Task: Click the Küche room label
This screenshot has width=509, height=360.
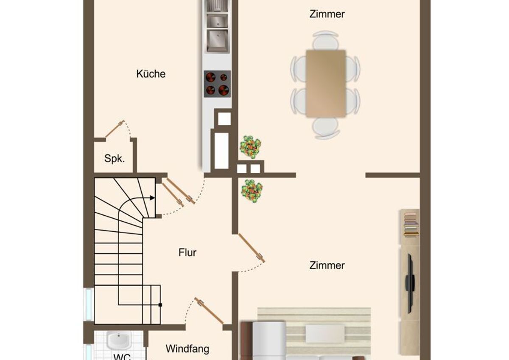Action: coord(151,74)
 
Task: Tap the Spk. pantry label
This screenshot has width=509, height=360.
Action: coord(115,158)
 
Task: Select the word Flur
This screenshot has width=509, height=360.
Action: coord(187,253)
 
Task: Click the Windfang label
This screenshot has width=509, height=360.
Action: coord(187,349)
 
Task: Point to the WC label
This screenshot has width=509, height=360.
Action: coord(123,357)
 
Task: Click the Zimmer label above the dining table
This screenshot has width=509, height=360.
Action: coord(327,14)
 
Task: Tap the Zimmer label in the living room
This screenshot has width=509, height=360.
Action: coord(327,265)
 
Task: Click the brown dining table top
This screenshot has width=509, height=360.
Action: coord(326,84)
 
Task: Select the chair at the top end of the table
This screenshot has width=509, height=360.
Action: coord(325,40)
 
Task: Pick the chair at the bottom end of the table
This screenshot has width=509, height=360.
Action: coord(326,128)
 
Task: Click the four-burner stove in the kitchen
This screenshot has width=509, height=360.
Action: coord(217,84)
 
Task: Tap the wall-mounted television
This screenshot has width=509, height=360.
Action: coord(409,284)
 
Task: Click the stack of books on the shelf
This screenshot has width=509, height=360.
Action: coord(411,224)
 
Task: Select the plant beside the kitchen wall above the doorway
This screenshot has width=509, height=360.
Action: coord(250,147)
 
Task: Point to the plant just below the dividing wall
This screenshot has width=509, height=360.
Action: coord(252,191)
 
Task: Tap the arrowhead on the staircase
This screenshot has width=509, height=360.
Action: coord(152,198)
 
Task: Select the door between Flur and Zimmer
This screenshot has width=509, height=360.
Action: coord(251,248)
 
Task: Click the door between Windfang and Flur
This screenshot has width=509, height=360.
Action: coord(209,310)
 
